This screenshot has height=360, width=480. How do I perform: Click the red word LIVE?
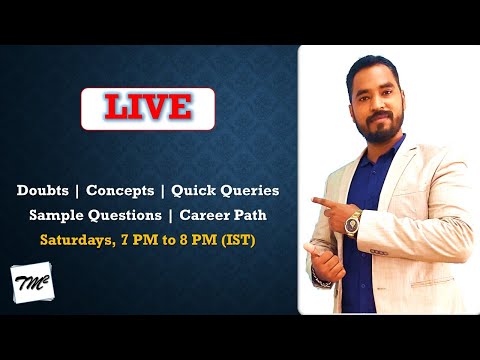coord(148,108)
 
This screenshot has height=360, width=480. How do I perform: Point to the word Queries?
coord(251,190)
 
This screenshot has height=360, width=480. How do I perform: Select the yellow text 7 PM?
coord(140,240)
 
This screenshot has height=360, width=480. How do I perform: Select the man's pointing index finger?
coord(318,201)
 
